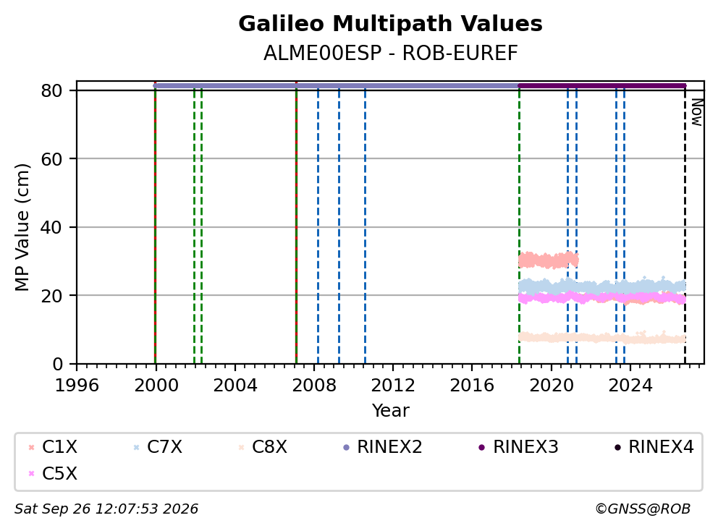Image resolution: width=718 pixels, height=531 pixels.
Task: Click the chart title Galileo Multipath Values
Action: (390, 24)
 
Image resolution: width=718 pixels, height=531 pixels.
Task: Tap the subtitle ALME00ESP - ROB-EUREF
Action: (390, 54)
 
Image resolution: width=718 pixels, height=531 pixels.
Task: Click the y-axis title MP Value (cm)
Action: (22, 227)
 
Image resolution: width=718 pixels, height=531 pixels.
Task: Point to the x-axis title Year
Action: (390, 411)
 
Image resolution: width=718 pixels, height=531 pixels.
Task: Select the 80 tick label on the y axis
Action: (51, 90)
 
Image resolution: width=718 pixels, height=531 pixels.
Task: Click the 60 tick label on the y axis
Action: (51, 159)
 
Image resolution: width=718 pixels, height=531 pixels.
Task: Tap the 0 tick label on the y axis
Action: (57, 365)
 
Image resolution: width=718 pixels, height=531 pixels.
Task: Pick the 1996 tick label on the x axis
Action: (77, 386)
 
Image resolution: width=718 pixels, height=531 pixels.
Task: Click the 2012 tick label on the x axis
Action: (393, 386)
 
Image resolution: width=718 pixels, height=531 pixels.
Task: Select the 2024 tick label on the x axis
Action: (630, 386)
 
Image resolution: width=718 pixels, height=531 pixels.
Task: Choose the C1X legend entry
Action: (53, 447)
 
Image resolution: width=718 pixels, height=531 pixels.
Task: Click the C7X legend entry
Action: (158, 447)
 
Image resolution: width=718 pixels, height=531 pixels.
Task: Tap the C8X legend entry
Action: (263, 447)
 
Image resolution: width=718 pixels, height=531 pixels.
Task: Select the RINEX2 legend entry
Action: (382, 447)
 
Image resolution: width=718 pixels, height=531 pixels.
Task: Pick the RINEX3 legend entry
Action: (518, 447)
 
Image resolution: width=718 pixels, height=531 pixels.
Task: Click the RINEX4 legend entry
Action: (654, 447)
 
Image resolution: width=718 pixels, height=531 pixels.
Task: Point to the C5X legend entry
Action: (53, 474)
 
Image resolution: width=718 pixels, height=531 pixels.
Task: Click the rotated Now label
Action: (697, 112)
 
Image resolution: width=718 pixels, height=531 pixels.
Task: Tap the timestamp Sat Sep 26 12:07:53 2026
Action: (106, 509)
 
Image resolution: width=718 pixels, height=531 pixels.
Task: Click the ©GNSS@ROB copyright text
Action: (643, 509)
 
